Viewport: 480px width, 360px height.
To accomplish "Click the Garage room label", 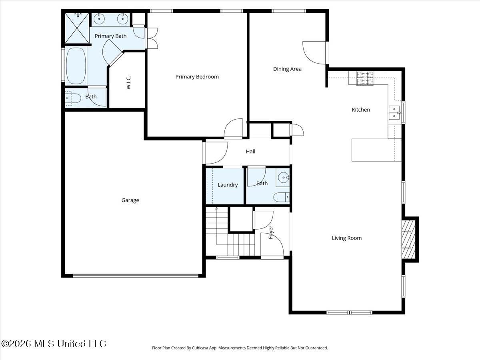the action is [x=130, y=200].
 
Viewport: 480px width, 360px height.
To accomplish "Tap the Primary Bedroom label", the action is [x=197, y=77].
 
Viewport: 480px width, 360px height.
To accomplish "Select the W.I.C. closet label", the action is [x=128, y=82].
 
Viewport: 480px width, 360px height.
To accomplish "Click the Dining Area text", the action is [x=287, y=69].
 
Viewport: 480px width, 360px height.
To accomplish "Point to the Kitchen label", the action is [x=361, y=110].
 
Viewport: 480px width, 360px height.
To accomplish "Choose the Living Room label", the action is [x=347, y=238].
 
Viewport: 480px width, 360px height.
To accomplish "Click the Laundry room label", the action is [x=228, y=185].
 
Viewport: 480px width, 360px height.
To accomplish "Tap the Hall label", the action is [x=250, y=152].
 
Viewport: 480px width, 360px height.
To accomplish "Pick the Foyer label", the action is [x=271, y=232].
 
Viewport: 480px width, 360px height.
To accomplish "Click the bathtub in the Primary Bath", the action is [x=76, y=66].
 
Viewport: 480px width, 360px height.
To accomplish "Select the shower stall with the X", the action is [x=77, y=28].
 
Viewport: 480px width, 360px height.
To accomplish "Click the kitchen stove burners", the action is [x=365, y=78].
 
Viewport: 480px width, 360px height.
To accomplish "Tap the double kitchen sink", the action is [x=394, y=112].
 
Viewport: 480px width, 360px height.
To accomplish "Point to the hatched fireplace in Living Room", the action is [x=408, y=239].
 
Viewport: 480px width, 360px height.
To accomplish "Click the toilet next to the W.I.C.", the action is [x=73, y=98].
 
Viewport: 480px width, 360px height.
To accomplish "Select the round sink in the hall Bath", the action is [x=284, y=177].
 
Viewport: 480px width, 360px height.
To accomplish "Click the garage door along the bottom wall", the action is [x=136, y=276].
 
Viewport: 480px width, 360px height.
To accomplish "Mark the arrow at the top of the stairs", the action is [x=217, y=208].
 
